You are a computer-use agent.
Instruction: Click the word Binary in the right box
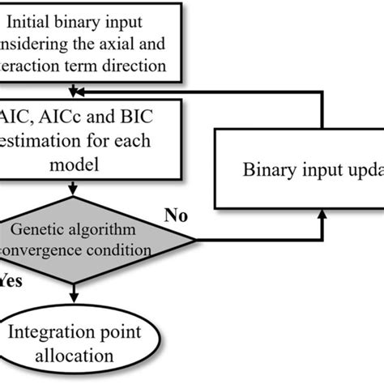[267, 170]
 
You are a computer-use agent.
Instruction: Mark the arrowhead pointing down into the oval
[75, 301]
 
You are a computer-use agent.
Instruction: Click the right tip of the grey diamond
[194, 239]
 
